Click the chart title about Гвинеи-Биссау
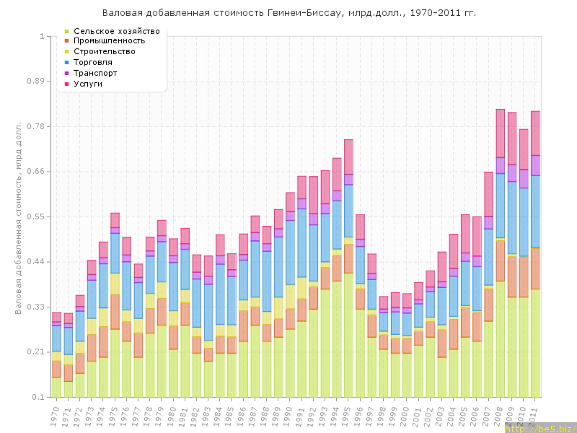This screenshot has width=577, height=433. (288, 13)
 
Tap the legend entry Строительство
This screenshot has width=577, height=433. (115, 52)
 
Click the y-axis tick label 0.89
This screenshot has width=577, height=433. (35, 82)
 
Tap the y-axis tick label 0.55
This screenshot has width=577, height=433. (35, 217)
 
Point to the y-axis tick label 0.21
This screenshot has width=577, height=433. (35, 352)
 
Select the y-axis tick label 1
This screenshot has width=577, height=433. (42, 36)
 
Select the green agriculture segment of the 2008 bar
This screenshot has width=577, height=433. (500, 339)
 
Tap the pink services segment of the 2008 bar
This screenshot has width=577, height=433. (500, 133)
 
